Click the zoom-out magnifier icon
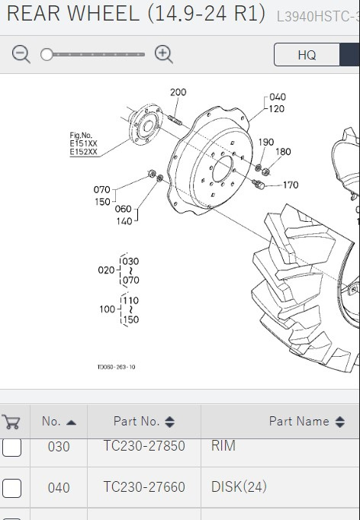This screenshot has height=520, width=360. (x=21, y=54)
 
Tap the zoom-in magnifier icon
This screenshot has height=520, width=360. (x=163, y=54)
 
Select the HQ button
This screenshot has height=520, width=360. (x=307, y=55)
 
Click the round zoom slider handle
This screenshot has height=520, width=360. (x=47, y=54)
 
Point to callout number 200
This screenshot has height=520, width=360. (x=178, y=92)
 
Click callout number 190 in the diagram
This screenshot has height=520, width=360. (x=266, y=142)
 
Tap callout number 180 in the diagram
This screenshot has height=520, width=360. (x=283, y=152)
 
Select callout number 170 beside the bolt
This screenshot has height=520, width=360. (x=291, y=185)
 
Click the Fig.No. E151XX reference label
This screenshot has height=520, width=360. (x=83, y=143)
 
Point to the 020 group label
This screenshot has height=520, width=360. (x=106, y=270)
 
